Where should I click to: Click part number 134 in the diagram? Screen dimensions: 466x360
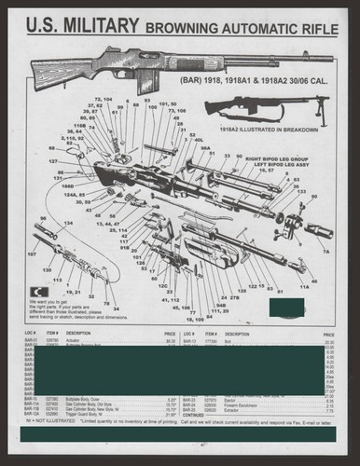click(x=68, y=223)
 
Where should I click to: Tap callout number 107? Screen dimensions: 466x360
click(x=32, y=253)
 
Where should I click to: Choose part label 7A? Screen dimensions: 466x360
click(x=326, y=252)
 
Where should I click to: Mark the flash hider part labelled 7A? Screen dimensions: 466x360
click(x=320, y=241)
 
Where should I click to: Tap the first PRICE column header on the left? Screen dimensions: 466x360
click(x=170, y=333)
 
